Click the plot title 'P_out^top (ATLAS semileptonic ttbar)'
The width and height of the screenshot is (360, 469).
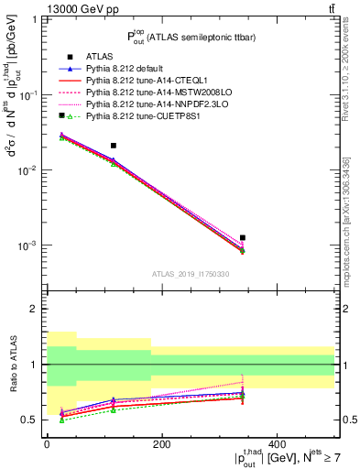(x=191, y=37)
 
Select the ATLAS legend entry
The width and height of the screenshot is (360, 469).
(x=94, y=57)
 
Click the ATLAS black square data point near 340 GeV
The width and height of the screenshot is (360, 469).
(x=243, y=238)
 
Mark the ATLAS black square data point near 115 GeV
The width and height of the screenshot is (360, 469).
(x=114, y=146)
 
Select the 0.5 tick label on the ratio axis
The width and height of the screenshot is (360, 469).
(x=31, y=420)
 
